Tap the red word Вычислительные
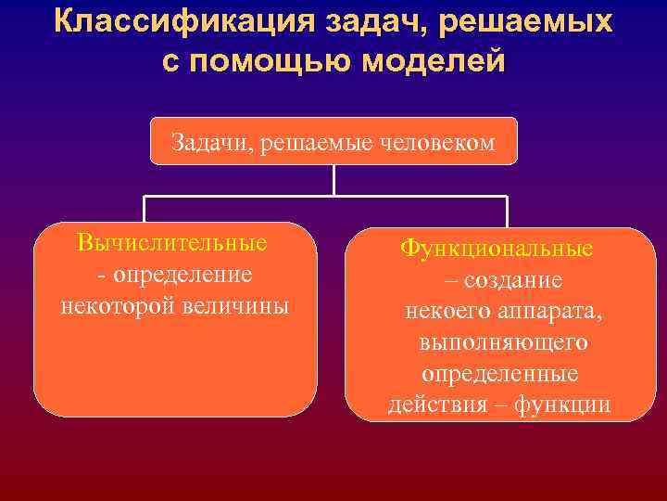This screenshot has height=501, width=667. tap(172, 243)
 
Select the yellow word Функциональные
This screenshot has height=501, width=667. tap(497, 250)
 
